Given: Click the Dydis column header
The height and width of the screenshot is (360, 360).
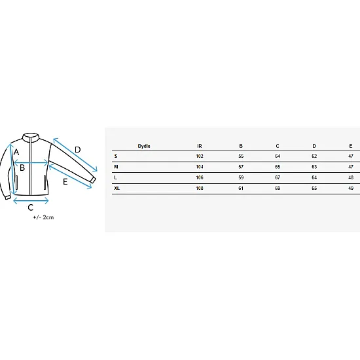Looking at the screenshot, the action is pyautogui.click(x=144, y=146).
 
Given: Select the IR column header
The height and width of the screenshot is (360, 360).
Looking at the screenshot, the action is pyautogui.click(x=199, y=146).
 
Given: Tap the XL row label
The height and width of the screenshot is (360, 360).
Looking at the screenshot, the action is pyautogui.click(x=117, y=189).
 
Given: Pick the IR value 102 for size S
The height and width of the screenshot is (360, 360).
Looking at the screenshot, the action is pyautogui.click(x=200, y=156).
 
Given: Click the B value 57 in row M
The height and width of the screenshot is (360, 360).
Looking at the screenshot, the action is pyautogui.click(x=241, y=167).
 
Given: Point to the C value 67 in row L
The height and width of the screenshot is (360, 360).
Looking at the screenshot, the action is pyautogui.click(x=278, y=177).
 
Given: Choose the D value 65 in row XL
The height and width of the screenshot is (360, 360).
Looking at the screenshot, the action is pyautogui.click(x=314, y=189).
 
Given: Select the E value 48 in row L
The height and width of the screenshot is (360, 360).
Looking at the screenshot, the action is pyautogui.click(x=351, y=177).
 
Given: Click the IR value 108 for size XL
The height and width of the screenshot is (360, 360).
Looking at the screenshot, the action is pyautogui.click(x=200, y=189).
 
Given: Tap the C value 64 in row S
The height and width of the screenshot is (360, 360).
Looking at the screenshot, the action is pyautogui.click(x=278, y=156).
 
